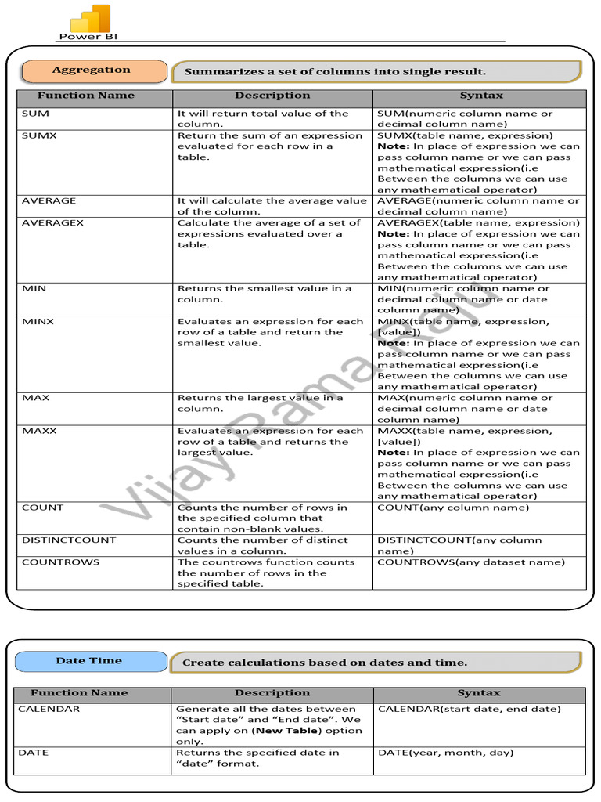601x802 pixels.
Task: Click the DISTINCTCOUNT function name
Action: [68, 540]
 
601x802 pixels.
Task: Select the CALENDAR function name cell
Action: [50, 710]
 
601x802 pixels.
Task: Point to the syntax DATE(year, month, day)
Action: [445, 753]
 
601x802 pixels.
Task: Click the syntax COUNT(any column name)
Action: [453, 508]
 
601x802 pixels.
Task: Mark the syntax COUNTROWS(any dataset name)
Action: [470, 562]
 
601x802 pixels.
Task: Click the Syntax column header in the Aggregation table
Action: [481, 96]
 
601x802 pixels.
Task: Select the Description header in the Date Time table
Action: [272, 693]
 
